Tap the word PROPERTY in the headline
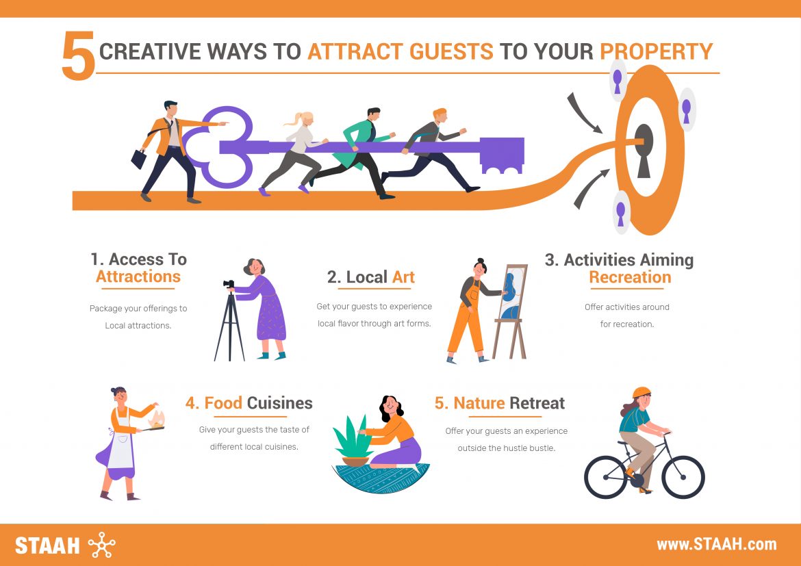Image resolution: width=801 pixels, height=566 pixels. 656,52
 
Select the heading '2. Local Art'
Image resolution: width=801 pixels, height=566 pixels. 370,277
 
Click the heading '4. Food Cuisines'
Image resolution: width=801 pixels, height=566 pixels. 249,403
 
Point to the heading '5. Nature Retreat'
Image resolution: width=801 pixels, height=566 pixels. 500,403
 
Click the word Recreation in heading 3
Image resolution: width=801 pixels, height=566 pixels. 629,278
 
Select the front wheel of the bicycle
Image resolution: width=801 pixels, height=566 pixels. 682,476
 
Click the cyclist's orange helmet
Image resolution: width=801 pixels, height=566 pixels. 641,393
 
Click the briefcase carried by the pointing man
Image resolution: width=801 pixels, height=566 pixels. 140,159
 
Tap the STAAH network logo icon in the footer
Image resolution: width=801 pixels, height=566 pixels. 102,545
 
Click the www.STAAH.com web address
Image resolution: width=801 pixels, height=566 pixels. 716,545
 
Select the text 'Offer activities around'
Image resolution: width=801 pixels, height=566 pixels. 626,307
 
